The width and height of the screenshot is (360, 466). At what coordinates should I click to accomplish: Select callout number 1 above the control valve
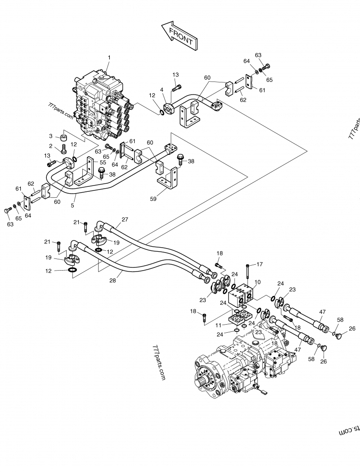click(x=109, y=58)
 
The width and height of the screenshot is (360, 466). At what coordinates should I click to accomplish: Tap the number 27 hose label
click(x=125, y=220)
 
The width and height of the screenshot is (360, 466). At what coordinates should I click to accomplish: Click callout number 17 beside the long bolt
click(x=259, y=264)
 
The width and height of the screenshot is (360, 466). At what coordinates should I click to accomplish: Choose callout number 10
click(x=257, y=282)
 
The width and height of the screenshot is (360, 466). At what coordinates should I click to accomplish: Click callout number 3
click(x=51, y=136)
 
